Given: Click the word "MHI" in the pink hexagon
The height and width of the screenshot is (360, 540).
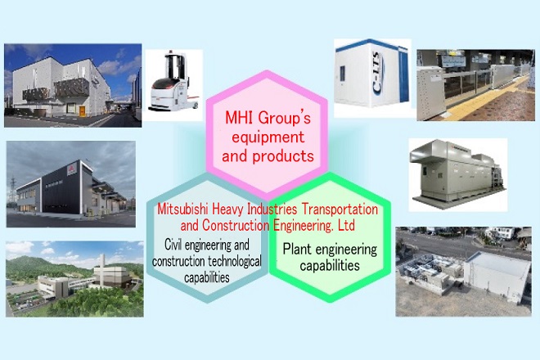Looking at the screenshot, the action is tap(239, 118).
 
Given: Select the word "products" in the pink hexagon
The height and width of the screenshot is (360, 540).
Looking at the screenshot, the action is tap(283, 157).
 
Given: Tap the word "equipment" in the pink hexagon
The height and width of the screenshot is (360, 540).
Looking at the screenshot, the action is tap(268, 137).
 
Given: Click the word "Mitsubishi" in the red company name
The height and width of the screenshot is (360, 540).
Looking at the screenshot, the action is tap(183, 209).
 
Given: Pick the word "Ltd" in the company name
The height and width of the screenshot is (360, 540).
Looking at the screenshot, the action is tap(346, 226).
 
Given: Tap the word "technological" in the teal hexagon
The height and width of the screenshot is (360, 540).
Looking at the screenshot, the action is tap(234, 262).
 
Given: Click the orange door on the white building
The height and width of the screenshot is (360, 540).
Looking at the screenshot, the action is tap(82, 111).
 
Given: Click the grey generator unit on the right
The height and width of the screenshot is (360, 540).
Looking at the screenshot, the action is tap(457, 173).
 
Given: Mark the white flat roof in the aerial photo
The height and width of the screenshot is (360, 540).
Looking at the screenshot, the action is tap(497, 265).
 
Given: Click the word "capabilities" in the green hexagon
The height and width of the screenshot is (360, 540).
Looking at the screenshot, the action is tap(330, 266).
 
